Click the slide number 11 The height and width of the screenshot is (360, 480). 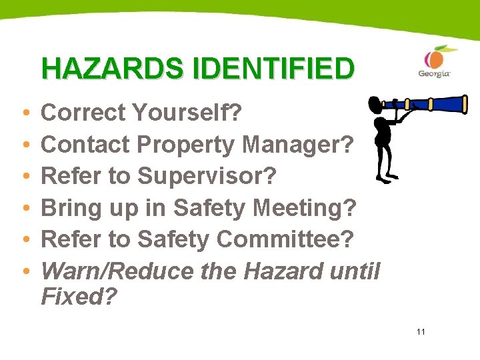[x=420, y=331]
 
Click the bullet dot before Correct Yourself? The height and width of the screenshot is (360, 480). [x=24, y=114]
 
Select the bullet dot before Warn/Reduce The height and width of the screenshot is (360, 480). [x=24, y=272]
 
